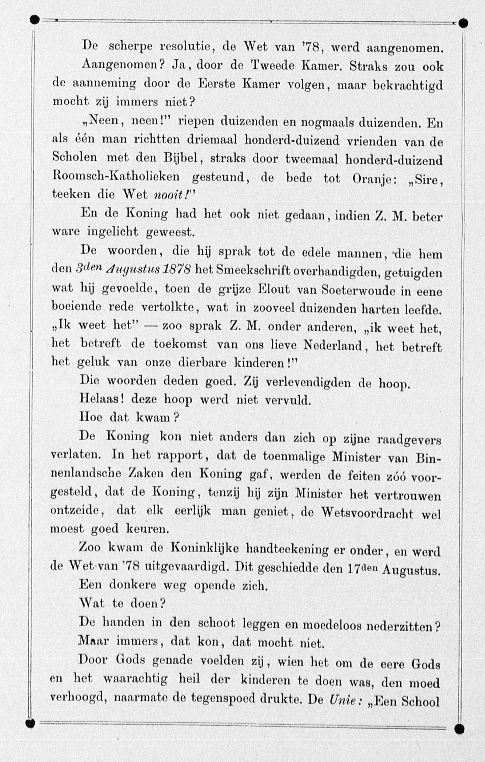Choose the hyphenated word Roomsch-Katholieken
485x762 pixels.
click(116, 177)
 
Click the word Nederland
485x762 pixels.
click(332, 345)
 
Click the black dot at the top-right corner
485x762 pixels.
click(463, 23)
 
